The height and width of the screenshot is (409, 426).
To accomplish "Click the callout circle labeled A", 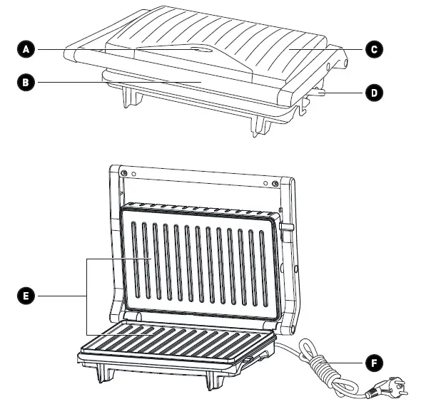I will [x=26, y=49].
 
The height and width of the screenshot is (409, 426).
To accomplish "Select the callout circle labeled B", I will [x=26, y=82].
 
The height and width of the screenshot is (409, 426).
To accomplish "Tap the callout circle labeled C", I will [x=373, y=49].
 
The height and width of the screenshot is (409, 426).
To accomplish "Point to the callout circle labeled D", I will [x=373, y=91].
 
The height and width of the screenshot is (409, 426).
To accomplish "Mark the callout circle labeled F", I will [x=373, y=363].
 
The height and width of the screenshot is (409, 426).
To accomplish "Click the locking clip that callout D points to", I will [x=316, y=91].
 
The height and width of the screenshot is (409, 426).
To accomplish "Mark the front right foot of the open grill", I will [x=213, y=381].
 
